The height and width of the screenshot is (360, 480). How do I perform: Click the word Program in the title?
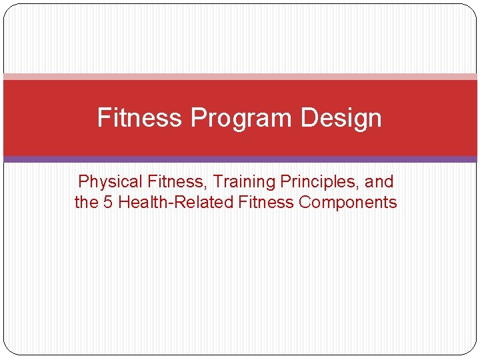[241, 118]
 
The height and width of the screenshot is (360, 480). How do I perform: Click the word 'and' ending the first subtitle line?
[379, 181]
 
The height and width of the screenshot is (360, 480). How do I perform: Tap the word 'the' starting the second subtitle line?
[86, 203]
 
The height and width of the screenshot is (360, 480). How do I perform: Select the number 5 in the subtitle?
[107, 203]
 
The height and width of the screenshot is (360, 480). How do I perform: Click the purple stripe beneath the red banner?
[240, 159]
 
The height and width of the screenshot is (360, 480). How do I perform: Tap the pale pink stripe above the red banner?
[240, 77]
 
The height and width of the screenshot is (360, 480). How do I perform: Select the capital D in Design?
[307, 118]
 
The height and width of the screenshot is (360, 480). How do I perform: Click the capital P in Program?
[198, 118]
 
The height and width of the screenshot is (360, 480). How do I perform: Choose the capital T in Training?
[217, 181]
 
